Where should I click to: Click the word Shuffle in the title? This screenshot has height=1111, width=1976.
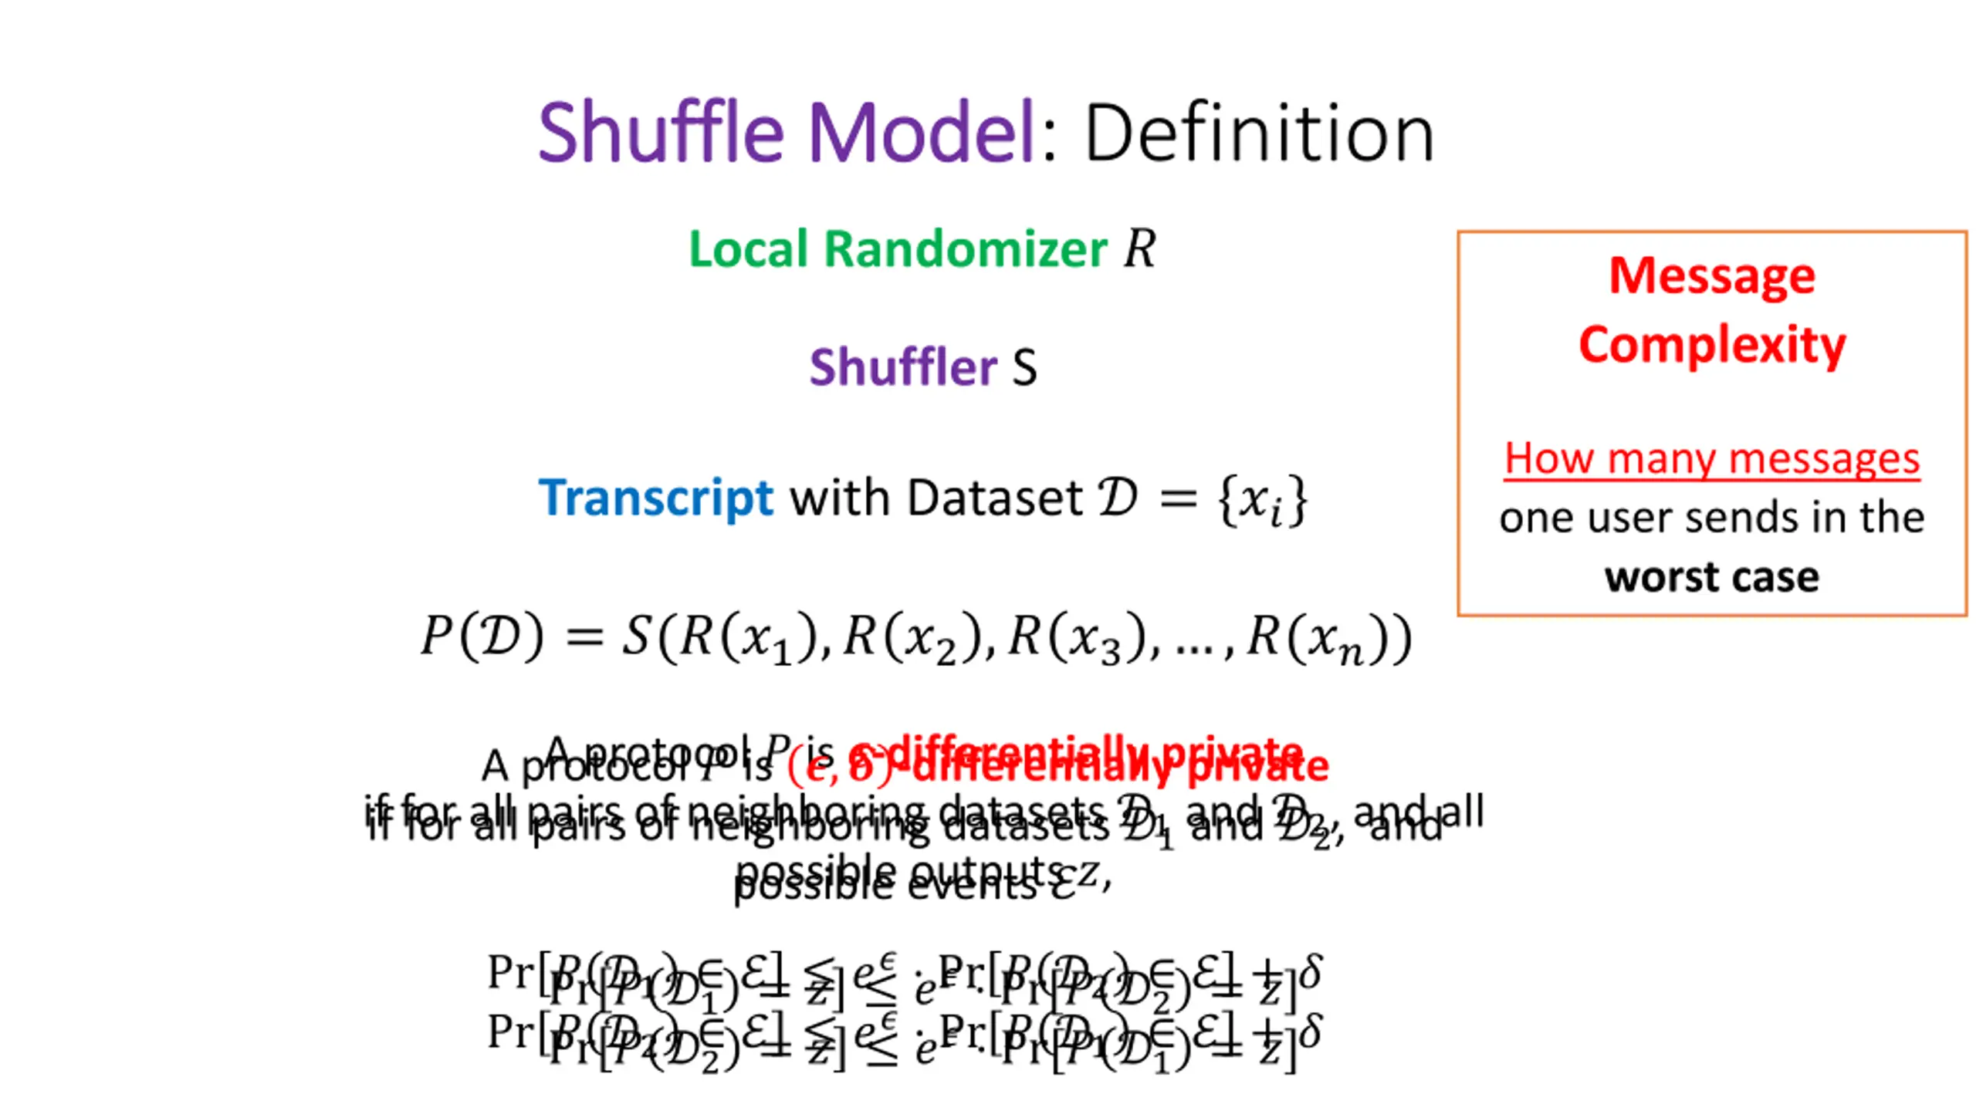point(661,133)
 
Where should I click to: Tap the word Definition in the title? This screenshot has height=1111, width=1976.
point(1259,134)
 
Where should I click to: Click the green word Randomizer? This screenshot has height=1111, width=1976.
point(966,249)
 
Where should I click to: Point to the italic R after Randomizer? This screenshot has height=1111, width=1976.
point(1139,249)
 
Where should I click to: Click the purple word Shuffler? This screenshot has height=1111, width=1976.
point(902,366)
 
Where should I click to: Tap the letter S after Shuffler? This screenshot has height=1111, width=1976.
point(1024,368)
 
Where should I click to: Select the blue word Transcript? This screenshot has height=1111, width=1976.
point(655,498)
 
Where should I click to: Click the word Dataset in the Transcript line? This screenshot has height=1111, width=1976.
point(995,498)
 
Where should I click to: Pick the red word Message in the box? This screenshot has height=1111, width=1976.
point(1712,275)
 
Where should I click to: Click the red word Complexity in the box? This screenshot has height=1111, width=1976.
point(1712,344)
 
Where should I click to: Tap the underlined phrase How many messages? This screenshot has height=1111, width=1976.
point(1712,459)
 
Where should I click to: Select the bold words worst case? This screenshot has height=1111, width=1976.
point(1712,577)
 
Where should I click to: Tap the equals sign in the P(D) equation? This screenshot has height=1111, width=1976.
point(584,638)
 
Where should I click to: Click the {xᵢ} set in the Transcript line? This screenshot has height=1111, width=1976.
point(1262,500)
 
